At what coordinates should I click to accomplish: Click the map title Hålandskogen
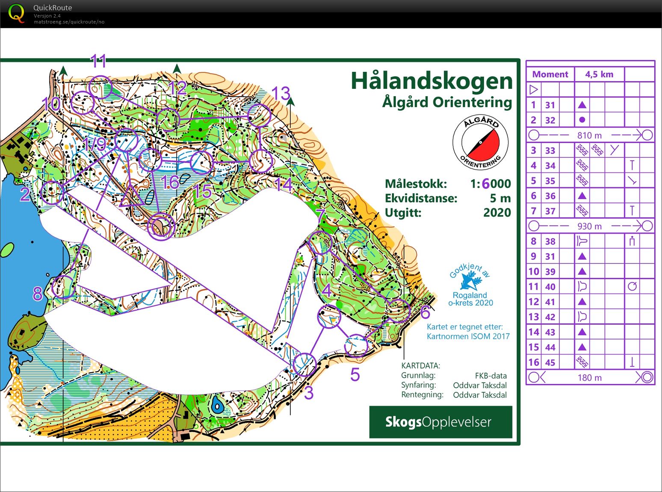[x=431, y=81]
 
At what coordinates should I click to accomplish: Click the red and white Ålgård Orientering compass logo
[x=481, y=143]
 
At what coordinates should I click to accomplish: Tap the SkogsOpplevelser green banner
[x=440, y=422]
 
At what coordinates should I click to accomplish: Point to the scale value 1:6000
[x=490, y=184]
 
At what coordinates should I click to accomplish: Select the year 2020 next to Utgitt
[x=497, y=212]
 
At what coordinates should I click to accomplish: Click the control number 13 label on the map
[x=281, y=93]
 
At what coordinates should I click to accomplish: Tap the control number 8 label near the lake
[x=37, y=294]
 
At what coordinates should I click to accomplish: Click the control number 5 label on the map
[x=355, y=375]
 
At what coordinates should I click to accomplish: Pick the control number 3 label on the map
[x=309, y=393]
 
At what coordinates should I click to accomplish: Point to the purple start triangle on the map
[x=132, y=197]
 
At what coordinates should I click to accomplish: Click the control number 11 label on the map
[x=98, y=62]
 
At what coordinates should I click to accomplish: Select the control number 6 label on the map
[x=425, y=312]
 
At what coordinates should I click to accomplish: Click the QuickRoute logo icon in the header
[x=16, y=14]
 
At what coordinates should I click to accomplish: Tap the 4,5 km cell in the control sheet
[x=599, y=74]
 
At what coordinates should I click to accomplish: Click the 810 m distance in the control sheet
[x=589, y=136]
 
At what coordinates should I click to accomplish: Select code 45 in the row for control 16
[x=550, y=362]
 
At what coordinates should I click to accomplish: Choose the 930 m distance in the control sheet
[x=589, y=226]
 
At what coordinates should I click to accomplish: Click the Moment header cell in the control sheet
[x=550, y=74]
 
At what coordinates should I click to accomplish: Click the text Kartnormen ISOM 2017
[x=468, y=336]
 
